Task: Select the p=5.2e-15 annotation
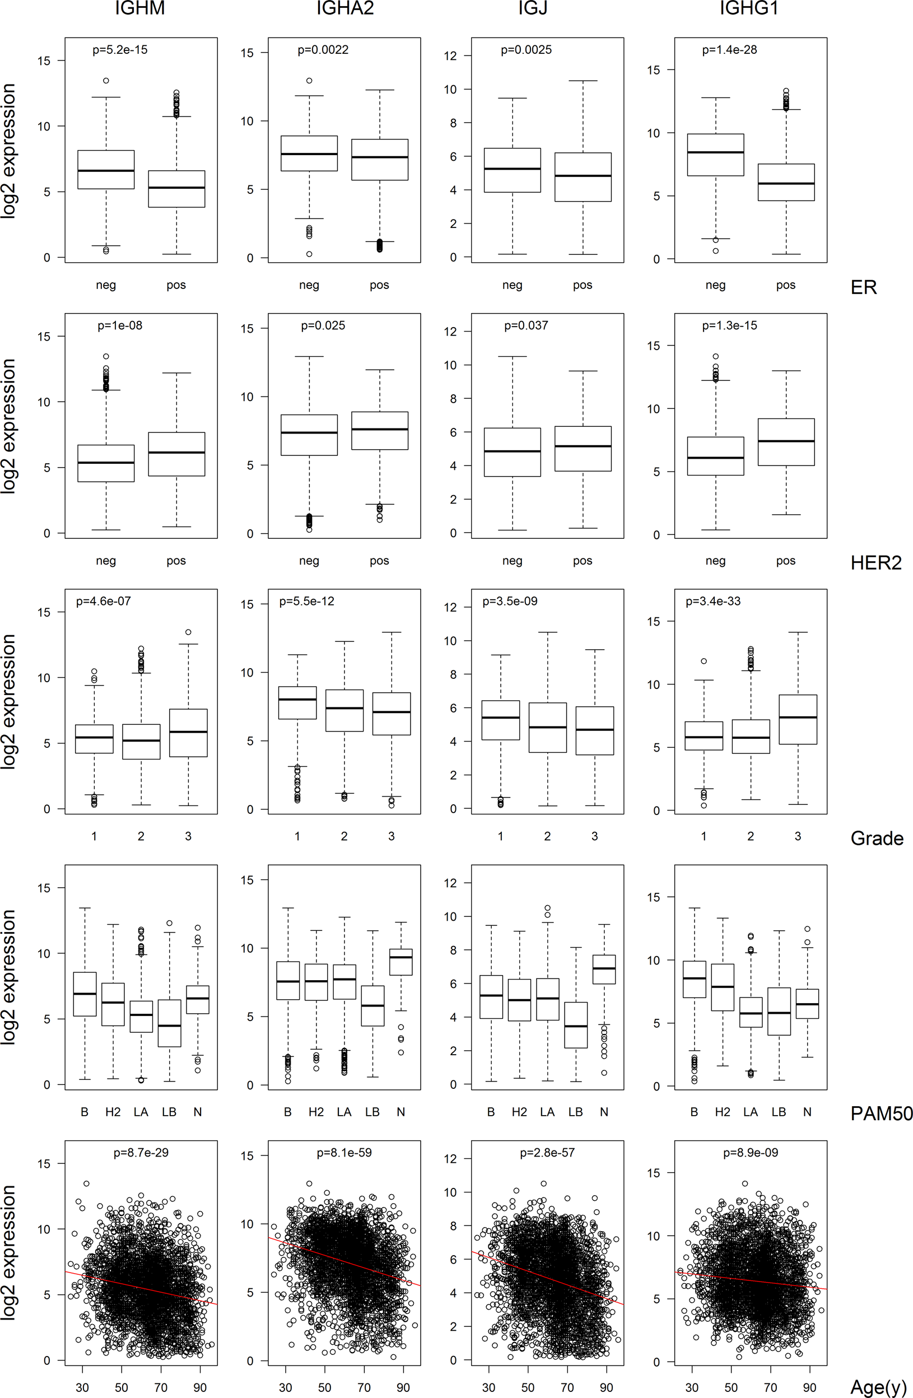tap(120, 50)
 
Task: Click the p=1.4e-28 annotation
tap(729, 50)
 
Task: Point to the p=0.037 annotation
tap(526, 325)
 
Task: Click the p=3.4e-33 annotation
tap(712, 601)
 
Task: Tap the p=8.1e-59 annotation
tap(344, 1153)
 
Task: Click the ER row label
tap(863, 287)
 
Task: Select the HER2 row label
tap(875, 563)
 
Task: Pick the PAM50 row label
tap(881, 1113)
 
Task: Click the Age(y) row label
tap(878, 1387)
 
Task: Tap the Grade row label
tap(877, 838)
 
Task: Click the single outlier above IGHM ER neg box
tap(106, 81)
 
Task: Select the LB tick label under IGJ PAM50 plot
tap(575, 1112)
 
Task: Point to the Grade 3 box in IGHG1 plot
tap(797, 719)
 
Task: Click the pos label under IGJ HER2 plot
tap(582, 560)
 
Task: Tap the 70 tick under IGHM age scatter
tap(160, 1387)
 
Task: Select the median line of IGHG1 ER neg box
tap(715, 152)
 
